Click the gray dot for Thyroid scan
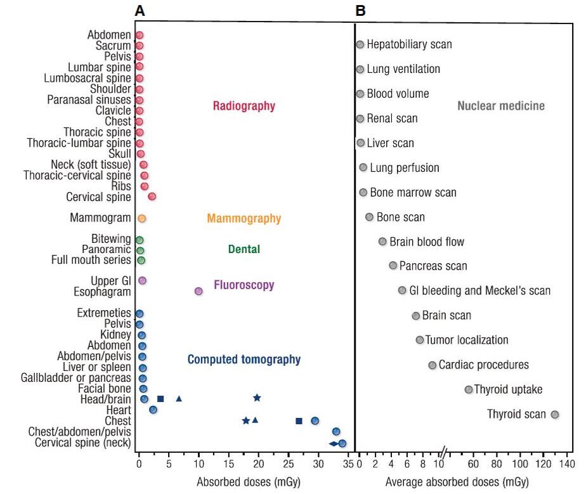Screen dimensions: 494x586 pos(555,415)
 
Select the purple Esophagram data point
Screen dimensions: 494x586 pos(199,291)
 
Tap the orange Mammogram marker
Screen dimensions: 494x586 pos(141,218)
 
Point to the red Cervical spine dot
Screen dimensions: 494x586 pos(152,197)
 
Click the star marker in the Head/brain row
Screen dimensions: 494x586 pos(257,398)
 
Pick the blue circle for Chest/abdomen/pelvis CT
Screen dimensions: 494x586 pos(336,432)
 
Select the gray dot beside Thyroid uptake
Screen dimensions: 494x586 pos(469,389)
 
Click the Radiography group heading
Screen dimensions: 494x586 pos(244,106)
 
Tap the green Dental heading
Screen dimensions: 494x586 pos(244,249)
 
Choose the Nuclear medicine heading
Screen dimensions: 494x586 pos(501,106)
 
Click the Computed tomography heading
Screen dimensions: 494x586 pos(244,360)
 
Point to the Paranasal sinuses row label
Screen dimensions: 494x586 pos(89,100)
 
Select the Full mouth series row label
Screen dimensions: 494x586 pos(91,260)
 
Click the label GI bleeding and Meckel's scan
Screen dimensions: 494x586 pos(480,290)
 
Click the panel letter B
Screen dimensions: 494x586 pos(360,11)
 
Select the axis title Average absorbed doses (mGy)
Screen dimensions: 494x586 pos(457,482)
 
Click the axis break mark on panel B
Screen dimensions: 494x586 pos(445,452)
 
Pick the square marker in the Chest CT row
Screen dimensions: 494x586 pos(299,421)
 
